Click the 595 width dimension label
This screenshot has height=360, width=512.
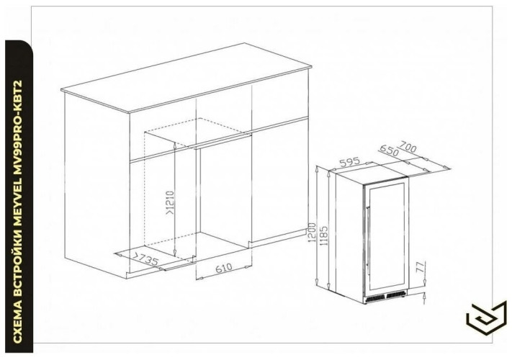[x=350, y=161]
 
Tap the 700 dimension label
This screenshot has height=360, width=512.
[x=408, y=147]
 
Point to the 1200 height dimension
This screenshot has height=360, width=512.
[x=312, y=232]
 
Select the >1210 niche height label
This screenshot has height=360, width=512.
[x=171, y=202]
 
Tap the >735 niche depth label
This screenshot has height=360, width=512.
[x=145, y=258]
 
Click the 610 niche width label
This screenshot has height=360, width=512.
[x=224, y=268]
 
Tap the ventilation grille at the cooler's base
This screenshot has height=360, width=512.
[x=386, y=297]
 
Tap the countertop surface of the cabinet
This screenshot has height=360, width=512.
[x=186, y=78]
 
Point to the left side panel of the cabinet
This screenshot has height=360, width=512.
[x=97, y=185]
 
